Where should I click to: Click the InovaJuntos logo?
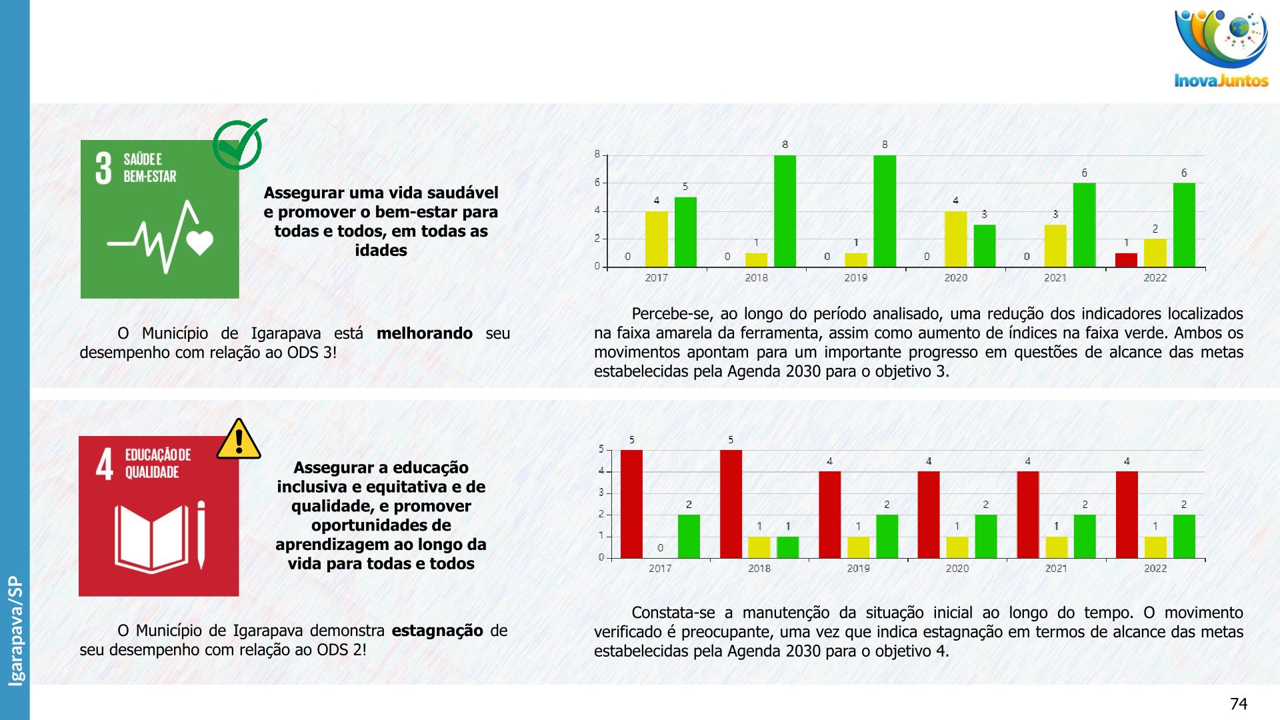pyautogui.click(x=1221, y=49)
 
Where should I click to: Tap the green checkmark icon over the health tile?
pyautogui.click(x=239, y=143)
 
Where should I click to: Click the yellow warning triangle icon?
pyautogui.click(x=239, y=439)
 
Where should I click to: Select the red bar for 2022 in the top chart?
pyautogui.click(x=1126, y=260)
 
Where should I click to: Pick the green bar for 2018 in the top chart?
pyautogui.click(x=785, y=211)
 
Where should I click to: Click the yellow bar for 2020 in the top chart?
pyautogui.click(x=955, y=239)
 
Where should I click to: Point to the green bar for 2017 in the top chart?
pyautogui.click(x=685, y=232)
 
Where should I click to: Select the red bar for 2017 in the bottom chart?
pyautogui.click(x=631, y=504)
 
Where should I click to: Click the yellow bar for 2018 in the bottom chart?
pyautogui.click(x=759, y=547)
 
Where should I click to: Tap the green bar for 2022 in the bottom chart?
pyautogui.click(x=1184, y=536)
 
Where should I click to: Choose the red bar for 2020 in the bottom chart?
pyautogui.click(x=929, y=515)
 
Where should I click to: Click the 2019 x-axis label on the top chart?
pyautogui.click(x=856, y=278)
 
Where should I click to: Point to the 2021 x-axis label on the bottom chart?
pyautogui.click(x=1056, y=569)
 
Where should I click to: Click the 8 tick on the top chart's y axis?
pyautogui.click(x=597, y=155)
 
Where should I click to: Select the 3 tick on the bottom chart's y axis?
pyautogui.click(x=601, y=493)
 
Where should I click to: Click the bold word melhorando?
pyautogui.click(x=425, y=333)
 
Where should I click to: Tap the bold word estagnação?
pyautogui.click(x=437, y=631)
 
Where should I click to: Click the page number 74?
pyautogui.click(x=1238, y=704)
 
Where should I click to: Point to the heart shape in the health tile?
pyautogui.click(x=199, y=242)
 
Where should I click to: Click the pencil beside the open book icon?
pyautogui.click(x=201, y=535)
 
